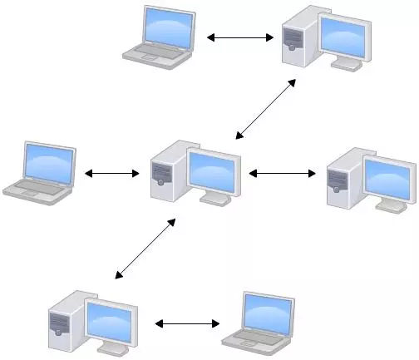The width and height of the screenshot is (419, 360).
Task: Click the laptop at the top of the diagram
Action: tap(160, 37)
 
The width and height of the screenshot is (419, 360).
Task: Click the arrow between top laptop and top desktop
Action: tap(240, 37)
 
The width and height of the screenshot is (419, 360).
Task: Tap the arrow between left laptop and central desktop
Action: tap(111, 174)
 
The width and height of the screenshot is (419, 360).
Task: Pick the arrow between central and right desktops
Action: tap(283, 174)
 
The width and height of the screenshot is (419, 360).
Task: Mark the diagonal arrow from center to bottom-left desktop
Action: tap(145, 249)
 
